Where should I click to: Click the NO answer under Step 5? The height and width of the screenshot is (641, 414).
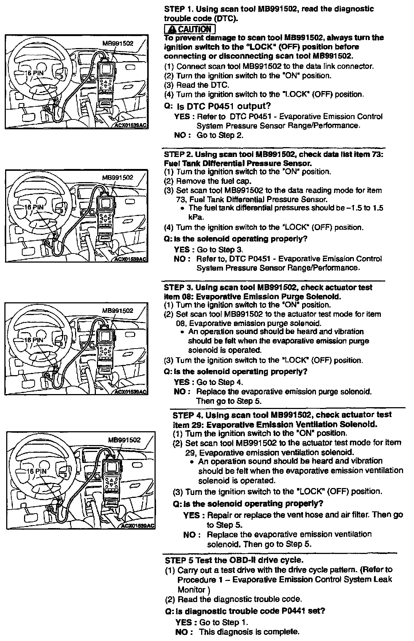[x=181, y=632]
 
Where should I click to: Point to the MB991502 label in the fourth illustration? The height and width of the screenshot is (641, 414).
[x=124, y=440]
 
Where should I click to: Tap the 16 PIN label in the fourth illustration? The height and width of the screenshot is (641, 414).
[x=38, y=471]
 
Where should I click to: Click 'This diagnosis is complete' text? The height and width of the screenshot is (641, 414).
[x=249, y=632]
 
